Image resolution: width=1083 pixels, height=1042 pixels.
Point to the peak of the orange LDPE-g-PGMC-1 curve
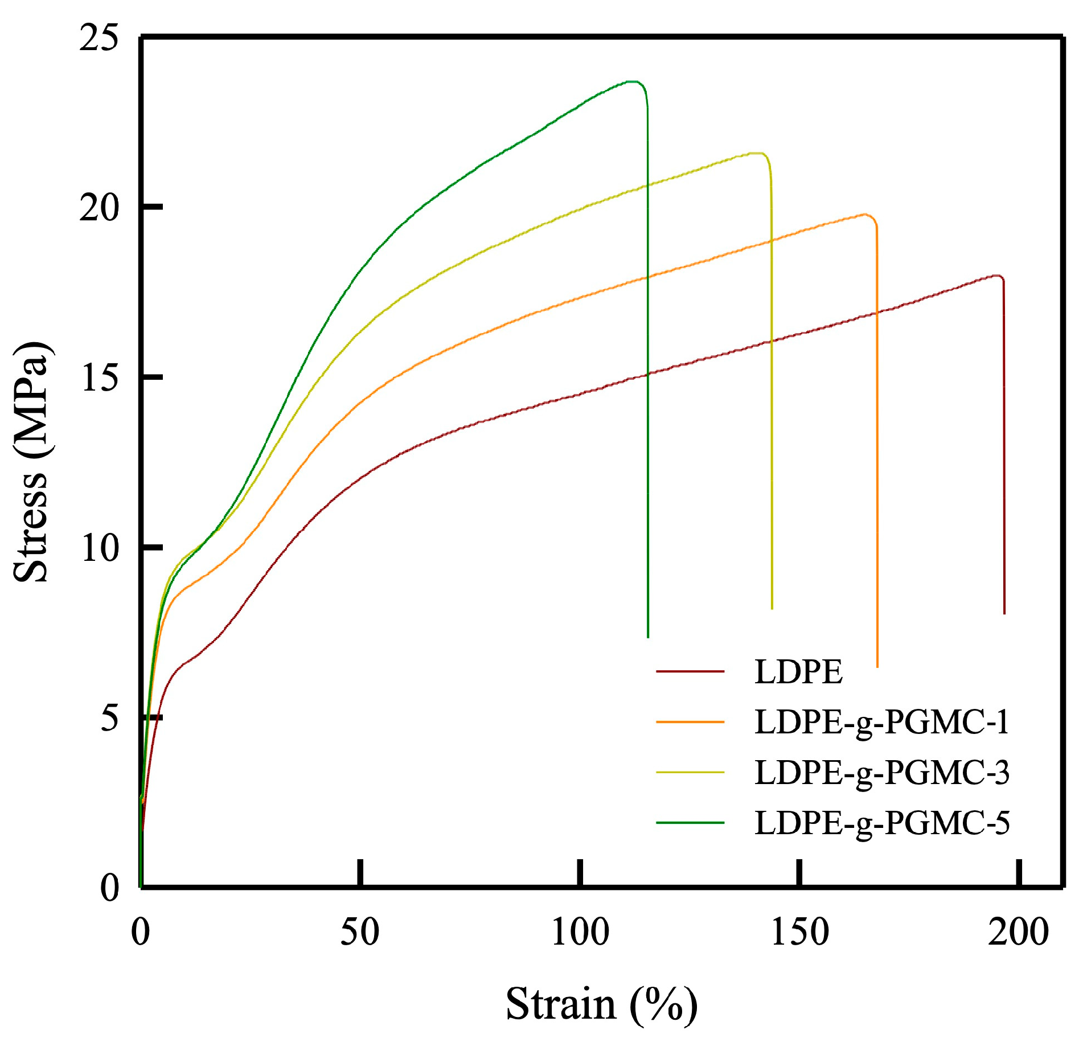click(x=865, y=214)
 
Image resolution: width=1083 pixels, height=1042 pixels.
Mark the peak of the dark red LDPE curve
click(x=996, y=276)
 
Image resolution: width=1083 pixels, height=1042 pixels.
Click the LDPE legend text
click(x=798, y=672)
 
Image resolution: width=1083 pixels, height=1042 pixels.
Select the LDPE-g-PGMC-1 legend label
click(x=881, y=722)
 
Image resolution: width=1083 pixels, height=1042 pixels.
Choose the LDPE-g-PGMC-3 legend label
click(x=881, y=773)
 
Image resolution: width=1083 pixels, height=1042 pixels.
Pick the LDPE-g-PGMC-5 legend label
click(x=881, y=823)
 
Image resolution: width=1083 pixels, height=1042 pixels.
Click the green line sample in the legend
click(x=690, y=823)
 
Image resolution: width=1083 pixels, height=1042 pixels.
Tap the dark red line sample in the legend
click(x=690, y=672)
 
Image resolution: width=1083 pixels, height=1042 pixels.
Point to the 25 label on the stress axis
click(x=99, y=39)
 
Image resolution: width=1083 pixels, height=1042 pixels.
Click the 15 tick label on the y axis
click(x=99, y=378)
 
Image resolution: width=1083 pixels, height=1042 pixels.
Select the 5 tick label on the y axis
click(x=110, y=718)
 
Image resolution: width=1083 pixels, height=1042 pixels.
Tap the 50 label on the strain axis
click(x=360, y=933)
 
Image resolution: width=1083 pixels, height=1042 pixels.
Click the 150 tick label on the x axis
click(x=799, y=933)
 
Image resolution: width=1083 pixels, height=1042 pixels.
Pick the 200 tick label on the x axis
click(x=1018, y=933)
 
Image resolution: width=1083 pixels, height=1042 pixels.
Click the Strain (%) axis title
click(x=601, y=1004)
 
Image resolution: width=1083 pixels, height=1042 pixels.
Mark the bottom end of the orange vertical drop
click(x=877, y=666)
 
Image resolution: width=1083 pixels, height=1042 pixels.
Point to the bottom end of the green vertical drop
click(x=648, y=637)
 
